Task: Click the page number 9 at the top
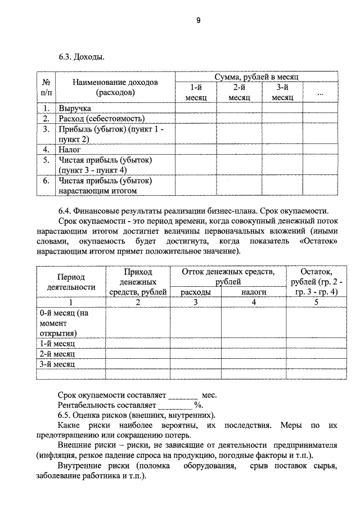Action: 198,21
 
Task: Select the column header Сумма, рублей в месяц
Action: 256,76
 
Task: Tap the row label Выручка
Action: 74,109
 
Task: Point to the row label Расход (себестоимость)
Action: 101,119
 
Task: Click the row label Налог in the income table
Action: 70,150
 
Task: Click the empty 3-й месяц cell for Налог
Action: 282,150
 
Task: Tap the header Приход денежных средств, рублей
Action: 138,282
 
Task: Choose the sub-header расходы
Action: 196,292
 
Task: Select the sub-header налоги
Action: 254,292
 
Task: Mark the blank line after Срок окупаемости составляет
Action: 183,395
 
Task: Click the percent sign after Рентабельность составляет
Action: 197,405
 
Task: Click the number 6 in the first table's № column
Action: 46,181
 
